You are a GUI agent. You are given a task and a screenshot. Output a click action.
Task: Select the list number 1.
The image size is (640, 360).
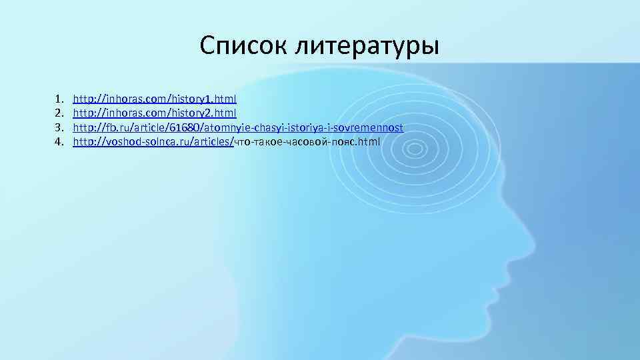59,98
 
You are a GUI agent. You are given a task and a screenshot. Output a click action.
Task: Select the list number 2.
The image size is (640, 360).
59,113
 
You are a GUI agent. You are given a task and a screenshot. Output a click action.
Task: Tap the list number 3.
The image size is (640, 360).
59,127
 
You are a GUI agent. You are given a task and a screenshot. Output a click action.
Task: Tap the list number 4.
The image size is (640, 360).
59,141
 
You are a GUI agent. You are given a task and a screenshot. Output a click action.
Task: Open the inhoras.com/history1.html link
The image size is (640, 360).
155,98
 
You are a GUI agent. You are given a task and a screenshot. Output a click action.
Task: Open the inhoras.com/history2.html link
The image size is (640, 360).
155,113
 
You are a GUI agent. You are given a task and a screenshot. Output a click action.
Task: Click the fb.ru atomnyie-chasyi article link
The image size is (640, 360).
238,127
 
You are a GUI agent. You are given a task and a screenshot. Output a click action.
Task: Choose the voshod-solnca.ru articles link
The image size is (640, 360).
153,141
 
